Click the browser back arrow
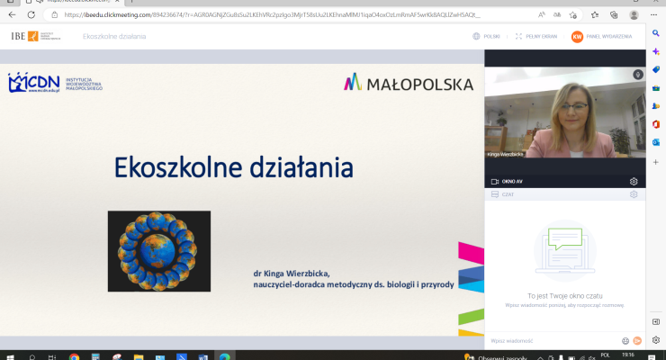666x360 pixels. [x=12, y=15]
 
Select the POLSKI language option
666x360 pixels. [x=487, y=36]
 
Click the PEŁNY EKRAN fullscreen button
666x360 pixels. [x=534, y=36]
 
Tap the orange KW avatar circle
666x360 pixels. [x=577, y=36]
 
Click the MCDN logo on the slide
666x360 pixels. [x=34, y=84]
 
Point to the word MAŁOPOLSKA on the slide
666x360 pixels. [x=419, y=84]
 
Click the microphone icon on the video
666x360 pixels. [x=636, y=75]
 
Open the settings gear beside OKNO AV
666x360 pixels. [x=634, y=181]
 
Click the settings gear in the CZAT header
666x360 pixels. [x=634, y=193]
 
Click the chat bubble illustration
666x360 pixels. [x=563, y=248]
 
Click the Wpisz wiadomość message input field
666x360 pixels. [x=549, y=341]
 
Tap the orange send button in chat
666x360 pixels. [x=637, y=341]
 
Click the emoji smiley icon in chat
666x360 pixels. [x=625, y=341]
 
